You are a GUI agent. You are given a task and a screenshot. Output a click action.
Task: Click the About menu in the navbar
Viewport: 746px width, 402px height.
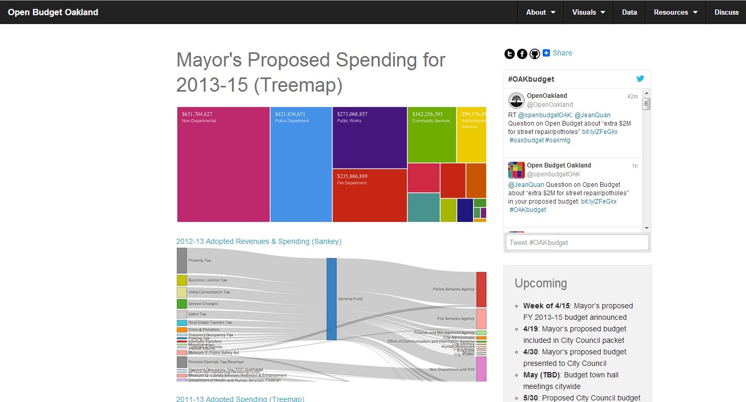(541, 12)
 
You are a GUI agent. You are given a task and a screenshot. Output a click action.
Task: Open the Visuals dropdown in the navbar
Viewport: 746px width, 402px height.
(588, 12)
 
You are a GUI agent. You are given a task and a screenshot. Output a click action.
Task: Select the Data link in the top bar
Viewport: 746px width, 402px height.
(629, 12)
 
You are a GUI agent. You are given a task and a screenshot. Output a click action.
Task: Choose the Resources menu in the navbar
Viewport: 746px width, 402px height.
(675, 12)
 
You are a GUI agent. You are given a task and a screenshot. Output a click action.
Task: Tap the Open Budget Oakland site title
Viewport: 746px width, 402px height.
(53, 12)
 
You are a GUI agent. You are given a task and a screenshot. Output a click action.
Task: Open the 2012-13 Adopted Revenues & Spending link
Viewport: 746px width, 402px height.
(259, 241)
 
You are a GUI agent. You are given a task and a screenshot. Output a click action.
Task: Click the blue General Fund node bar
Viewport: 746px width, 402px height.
(331, 299)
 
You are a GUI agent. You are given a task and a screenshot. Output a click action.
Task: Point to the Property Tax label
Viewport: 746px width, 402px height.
(200, 261)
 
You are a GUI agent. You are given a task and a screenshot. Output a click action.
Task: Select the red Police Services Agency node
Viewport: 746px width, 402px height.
(481, 289)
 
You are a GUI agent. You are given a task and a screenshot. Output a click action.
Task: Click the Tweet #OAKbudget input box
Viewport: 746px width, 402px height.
(577, 242)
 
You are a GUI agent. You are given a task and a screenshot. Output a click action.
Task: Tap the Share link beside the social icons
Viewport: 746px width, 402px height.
(562, 53)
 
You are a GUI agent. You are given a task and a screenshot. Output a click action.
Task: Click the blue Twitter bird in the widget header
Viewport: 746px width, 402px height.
(640, 79)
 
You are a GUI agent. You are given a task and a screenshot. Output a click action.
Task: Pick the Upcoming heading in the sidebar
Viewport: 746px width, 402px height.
(541, 283)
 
